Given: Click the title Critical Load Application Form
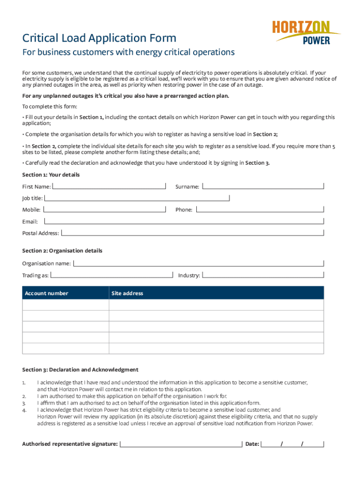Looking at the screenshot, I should (100, 38).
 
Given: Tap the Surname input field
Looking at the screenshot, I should (263, 186).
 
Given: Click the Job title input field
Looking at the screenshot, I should (137, 198).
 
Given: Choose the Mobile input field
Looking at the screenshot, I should (104, 209).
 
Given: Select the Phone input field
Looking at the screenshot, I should (259, 209).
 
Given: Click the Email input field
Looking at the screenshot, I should (184, 221).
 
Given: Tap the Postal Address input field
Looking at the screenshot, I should (192, 232).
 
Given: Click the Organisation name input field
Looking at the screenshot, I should (199, 263).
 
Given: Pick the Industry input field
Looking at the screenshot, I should (263, 275).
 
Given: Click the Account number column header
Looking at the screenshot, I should (46, 293).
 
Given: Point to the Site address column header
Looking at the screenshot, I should (127, 293).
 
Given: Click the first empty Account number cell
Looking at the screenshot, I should (65, 305).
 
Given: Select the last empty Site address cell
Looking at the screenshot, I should (216, 348).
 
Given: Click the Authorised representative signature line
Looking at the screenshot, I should (181, 443).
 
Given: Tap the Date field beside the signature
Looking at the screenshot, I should (292, 443).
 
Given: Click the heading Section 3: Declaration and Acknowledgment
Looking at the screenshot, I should (80, 370).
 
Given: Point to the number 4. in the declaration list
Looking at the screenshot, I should (24, 410).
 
